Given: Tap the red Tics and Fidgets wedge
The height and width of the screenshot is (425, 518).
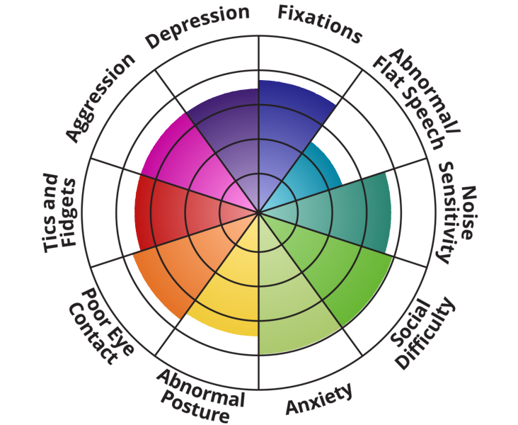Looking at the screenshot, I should [x=170, y=209].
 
